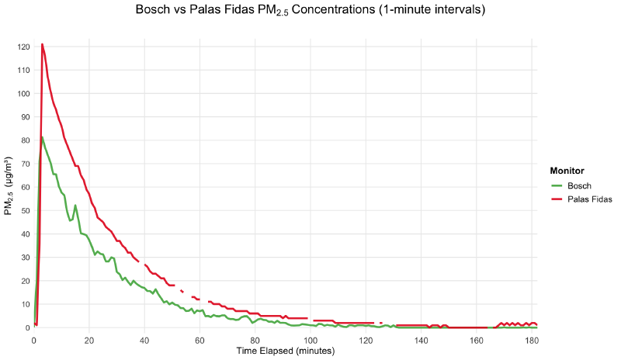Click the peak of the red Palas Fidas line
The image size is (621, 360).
(x=42, y=44)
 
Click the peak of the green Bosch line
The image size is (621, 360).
(x=42, y=137)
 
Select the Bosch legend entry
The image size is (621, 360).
(x=579, y=186)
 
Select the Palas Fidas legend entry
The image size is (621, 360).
(x=589, y=199)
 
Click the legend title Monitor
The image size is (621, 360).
(x=567, y=171)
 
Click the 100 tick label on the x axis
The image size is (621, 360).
(x=310, y=340)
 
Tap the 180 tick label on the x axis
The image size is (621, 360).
(x=532, y=340)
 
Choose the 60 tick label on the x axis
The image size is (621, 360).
(x=200, y=340)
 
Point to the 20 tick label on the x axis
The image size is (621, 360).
(x=89, y=340)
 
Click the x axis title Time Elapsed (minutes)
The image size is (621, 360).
(x=285, y=351)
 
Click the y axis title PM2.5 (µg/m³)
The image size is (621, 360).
(x=9, y=187)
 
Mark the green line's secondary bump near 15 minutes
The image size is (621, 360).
(x=75, y=205)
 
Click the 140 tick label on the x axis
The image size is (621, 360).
(x=422, y=340)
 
